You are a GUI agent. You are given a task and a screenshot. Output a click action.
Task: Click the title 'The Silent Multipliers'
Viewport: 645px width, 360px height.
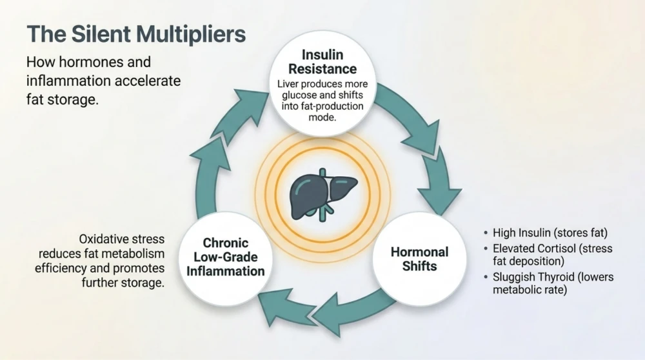136,35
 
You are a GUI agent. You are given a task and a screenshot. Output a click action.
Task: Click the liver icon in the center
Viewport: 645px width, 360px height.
323,192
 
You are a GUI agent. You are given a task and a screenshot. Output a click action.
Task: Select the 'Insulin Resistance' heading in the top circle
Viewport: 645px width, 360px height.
322,62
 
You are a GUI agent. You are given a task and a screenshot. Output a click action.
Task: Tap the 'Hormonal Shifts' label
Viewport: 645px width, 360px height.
419,258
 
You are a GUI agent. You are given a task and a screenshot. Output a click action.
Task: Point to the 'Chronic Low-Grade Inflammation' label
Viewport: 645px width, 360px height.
226,257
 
